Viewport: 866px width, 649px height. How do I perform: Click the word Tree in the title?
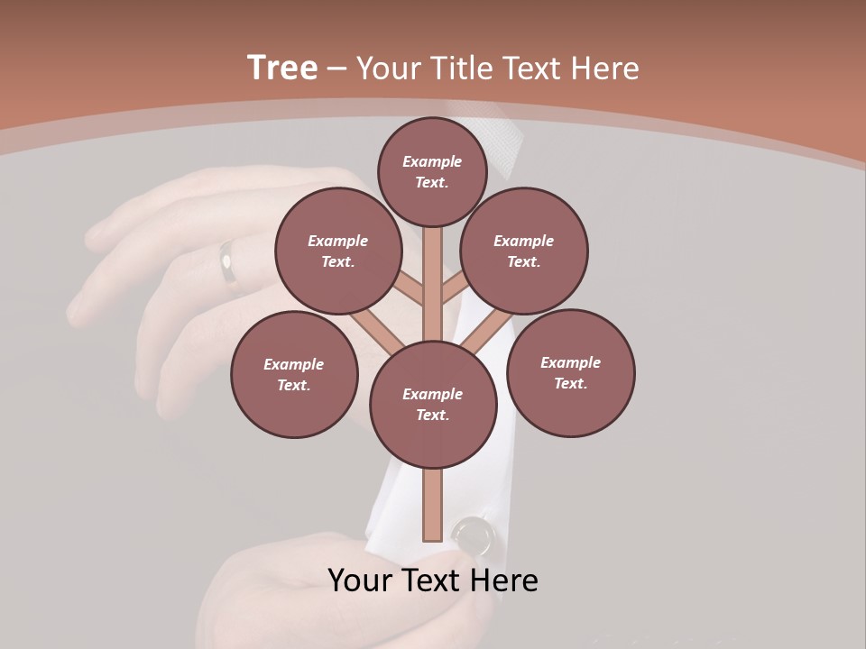point(282,68)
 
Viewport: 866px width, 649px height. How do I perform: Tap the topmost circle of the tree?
point(432,171)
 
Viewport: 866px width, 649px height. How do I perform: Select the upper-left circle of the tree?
point(338,251)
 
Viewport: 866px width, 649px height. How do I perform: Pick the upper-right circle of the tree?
point(524,251)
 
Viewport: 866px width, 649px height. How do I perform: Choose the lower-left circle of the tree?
point(294,374)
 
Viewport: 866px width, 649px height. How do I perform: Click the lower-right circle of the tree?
point(570,372)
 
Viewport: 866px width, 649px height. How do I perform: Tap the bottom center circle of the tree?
point(433,404)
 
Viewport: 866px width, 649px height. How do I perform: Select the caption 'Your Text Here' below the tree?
point(432,580)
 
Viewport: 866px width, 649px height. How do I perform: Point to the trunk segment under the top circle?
point(433,270)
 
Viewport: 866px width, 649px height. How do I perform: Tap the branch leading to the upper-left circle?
point(410,289)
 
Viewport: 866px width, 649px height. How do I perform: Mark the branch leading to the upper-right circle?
point(455,289)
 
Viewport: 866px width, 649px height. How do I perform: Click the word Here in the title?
point(605,68)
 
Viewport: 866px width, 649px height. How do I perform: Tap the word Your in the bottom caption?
point(358,580)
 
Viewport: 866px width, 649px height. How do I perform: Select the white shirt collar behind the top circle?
point(504,144)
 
